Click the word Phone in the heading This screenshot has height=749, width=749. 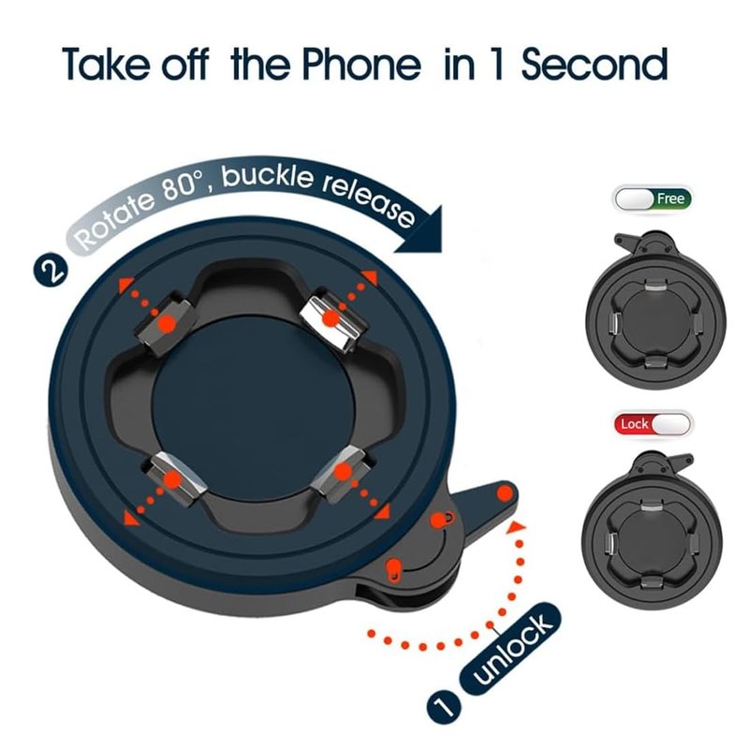[x=362, y=64]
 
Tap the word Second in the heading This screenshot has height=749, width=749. [x=595, y=64]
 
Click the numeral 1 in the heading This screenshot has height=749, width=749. [x=497, y=64]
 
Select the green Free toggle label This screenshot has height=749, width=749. [x=670, y=198]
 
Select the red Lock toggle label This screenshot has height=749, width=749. [x=634, y=424]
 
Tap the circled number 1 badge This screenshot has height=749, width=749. [x=444, y=706]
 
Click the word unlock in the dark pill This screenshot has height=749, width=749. [x=512, y=649]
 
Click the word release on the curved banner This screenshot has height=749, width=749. [x=369, y=199]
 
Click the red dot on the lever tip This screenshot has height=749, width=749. [x=504, y=493]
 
